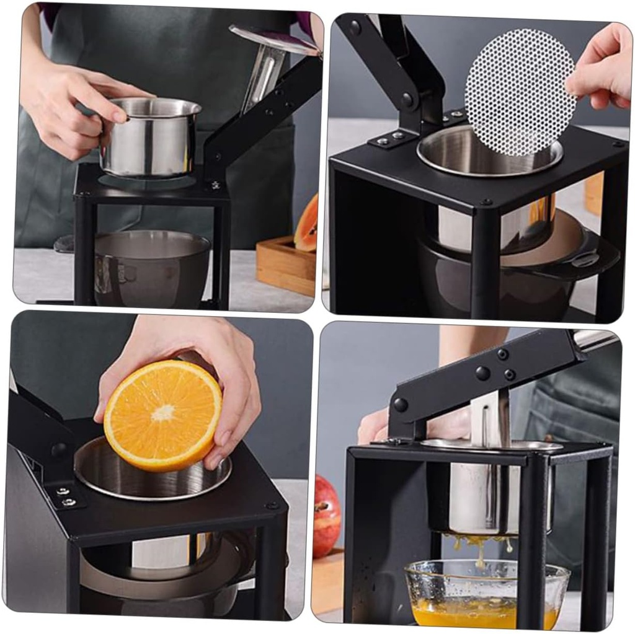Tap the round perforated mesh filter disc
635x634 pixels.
click(520, 92)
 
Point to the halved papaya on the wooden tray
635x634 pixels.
click(308, 224)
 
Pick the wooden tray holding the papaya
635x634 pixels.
click(285, 266)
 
